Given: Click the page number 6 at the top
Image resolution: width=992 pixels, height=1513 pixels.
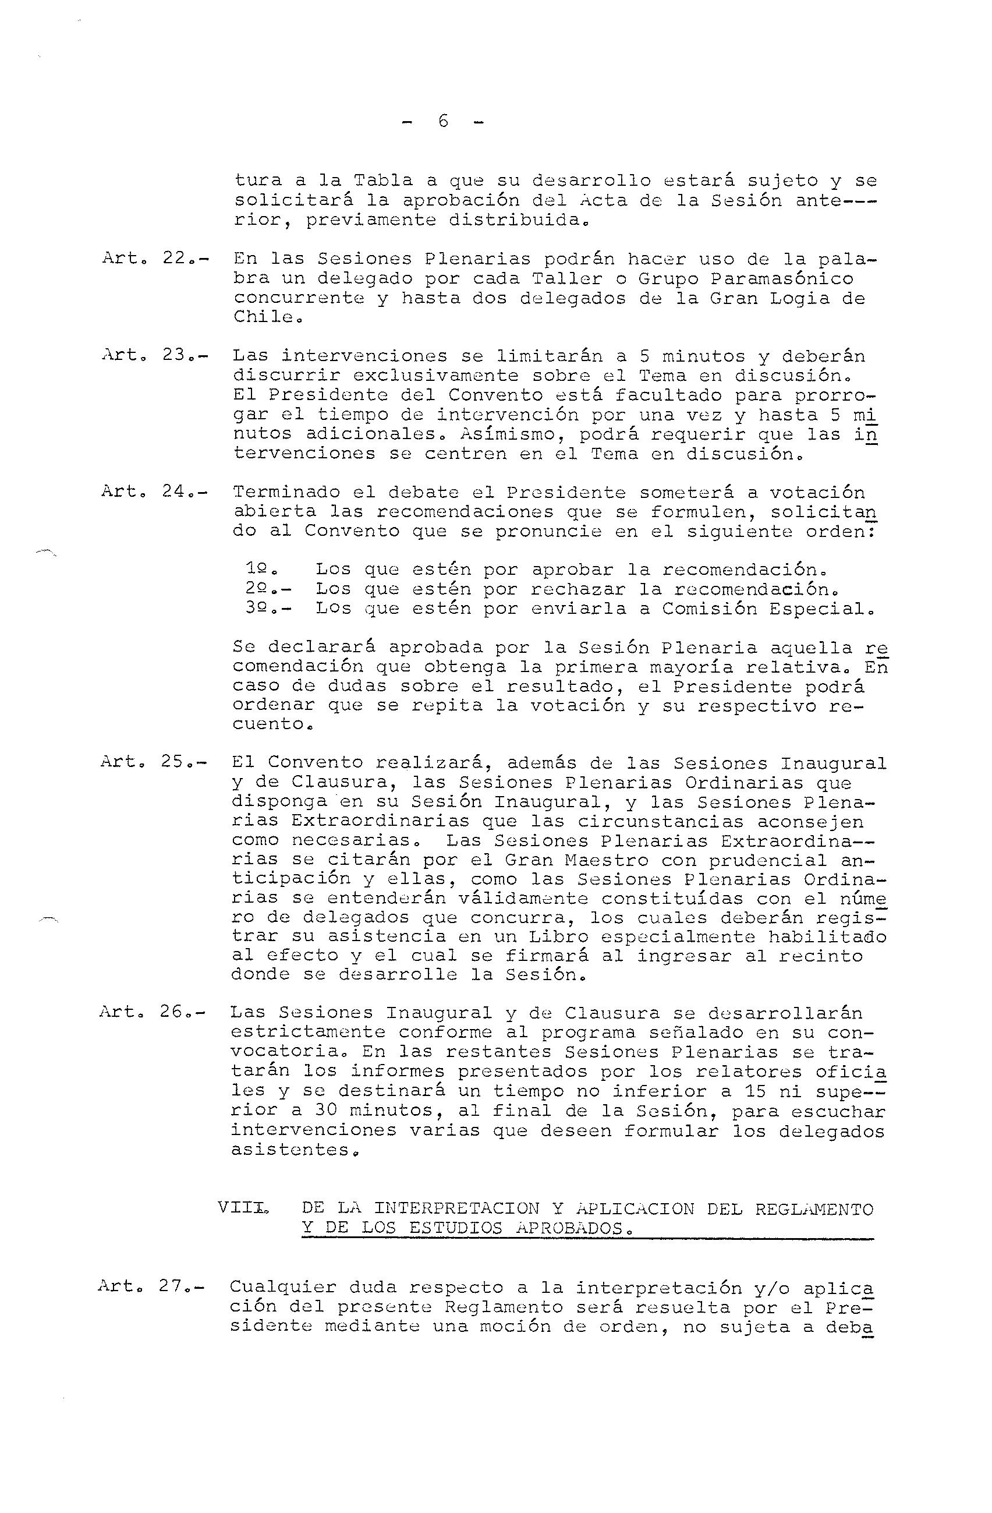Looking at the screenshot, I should tap(443, 121).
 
